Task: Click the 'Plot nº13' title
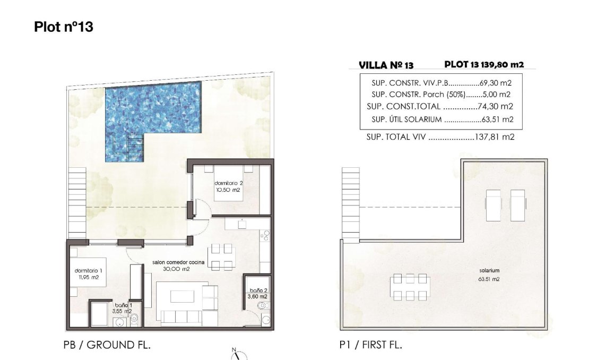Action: tap(63, 27)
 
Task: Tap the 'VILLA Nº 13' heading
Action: tap(386, 65)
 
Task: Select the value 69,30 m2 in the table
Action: tap(496, 83)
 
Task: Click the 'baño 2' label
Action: tap(258, 290)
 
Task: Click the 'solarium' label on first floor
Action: tap(489, 271)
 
